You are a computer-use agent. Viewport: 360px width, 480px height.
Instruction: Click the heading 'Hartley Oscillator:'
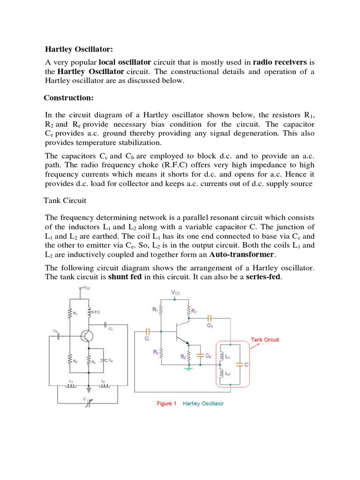point(79,49)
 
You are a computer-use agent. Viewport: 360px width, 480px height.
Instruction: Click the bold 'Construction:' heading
point(68,98)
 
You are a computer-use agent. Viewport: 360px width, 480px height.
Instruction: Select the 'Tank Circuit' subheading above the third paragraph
point(65,200)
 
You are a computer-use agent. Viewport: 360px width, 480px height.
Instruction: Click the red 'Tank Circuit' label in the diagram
point(265,339)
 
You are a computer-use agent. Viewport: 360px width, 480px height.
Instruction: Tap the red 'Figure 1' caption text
point(165,404)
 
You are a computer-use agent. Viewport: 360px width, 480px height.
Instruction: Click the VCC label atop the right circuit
point(175,292)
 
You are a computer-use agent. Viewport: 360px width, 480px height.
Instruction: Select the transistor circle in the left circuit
point(87,336)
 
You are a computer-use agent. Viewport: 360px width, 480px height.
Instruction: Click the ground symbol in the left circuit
point(89,376)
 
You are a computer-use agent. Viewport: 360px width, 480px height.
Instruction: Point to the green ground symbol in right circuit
point(189,368)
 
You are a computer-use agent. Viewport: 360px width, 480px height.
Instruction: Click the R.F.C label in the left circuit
point(96,312)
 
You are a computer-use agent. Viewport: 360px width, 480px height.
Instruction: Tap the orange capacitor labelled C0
point(210,319)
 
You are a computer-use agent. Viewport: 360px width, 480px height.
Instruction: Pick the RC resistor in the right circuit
point(189,310)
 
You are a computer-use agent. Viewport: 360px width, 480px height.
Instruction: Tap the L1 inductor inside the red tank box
point(221,357)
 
